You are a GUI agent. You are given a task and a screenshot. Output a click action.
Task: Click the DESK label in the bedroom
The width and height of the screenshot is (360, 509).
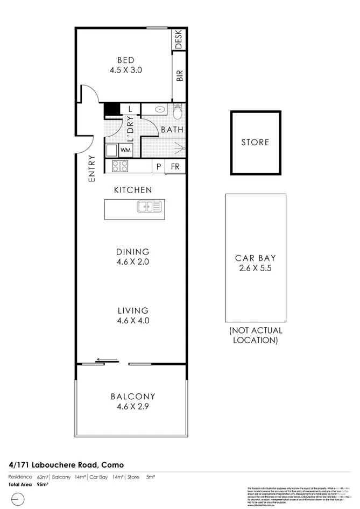click(x=179, y=39)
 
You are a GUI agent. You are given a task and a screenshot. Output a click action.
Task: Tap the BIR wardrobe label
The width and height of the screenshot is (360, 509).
click(x=179, y=76)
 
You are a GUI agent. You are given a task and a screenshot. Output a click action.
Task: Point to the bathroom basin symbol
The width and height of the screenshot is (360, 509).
click(x=159, y=109)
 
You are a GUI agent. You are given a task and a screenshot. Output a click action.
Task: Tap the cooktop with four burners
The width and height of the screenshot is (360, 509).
click(x=120, y=167)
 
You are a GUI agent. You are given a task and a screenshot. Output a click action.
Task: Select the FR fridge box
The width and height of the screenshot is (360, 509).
click(x=175, y=167)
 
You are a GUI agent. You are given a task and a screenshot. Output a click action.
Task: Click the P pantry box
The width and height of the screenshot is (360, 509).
click(x=159, y=167)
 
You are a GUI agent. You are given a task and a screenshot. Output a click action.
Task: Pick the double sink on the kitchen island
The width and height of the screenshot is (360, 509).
click(x=149, y=207)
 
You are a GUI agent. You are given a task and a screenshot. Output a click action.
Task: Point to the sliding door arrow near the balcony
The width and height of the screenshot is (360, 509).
click(x=107, y=359)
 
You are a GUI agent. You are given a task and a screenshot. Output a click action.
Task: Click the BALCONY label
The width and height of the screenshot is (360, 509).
click(x=132, y=397)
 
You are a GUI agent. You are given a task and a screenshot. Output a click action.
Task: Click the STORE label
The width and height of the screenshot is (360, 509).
click(x=255, y=143)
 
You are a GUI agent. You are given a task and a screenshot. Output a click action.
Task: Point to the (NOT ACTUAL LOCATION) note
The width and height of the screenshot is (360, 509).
click(x=255, y=335)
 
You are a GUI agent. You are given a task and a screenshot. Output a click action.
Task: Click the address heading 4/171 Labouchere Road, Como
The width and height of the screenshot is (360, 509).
click(x=66, y=464)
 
